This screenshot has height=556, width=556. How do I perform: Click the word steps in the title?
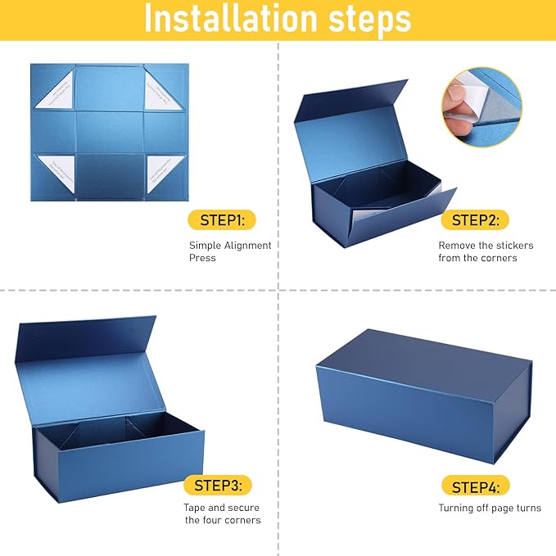(368, 20)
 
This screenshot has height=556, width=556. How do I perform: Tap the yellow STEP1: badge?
(222, 219)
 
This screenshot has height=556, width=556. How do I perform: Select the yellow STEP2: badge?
(475, 219)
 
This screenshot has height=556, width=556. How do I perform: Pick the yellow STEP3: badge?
(217, 486)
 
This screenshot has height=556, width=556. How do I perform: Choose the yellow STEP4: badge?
(475, 486)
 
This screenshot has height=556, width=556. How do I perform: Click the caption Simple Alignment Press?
(230, 251)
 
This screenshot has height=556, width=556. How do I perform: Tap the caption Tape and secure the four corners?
(222, 513)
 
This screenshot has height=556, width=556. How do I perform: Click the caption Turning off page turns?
(489, 509)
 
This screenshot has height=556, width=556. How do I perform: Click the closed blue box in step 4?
(422, 393)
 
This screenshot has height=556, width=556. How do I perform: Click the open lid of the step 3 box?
(86, 360)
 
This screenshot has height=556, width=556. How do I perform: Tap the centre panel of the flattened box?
(110, 131)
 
